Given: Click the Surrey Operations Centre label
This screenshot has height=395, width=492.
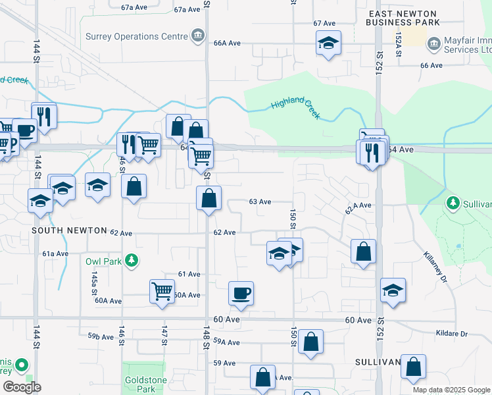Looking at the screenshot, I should [137, 36].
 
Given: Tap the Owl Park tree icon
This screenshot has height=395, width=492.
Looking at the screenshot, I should [132, 261].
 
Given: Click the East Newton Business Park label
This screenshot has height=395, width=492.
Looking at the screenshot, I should [403, 18].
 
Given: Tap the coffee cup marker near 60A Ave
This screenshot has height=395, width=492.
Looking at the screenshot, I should [241, 293].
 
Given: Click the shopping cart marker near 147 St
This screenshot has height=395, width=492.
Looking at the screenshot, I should [162, 290].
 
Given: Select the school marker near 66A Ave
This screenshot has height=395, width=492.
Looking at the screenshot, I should [328, 43].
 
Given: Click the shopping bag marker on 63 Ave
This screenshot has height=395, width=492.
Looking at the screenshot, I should [209, 198].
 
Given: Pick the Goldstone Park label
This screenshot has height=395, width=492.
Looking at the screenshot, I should [142, 385].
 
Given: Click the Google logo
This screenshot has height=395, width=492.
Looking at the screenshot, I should [22, 387].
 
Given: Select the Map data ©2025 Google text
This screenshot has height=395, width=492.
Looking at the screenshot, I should [451, 390].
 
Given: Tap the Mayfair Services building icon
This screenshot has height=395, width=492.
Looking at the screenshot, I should [433, 45].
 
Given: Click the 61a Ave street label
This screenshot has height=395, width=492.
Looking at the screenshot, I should [55, 253].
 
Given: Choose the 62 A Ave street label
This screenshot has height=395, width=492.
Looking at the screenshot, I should [358, 207].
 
